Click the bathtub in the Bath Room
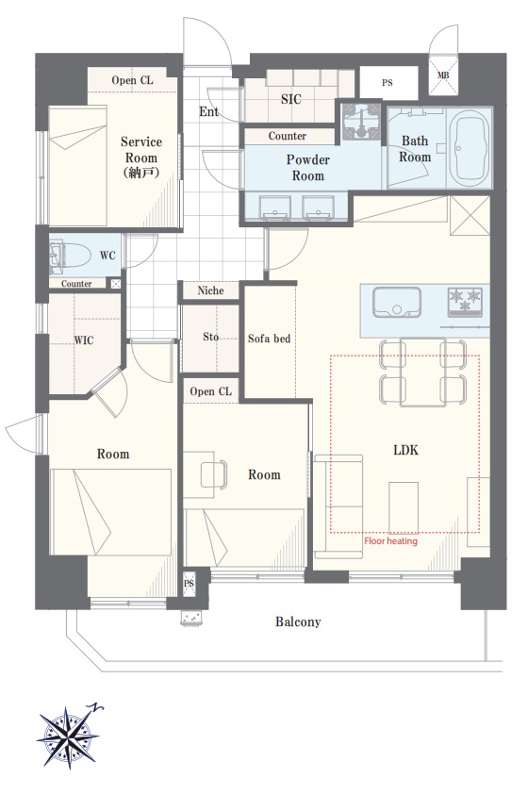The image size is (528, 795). (x=470, y=149)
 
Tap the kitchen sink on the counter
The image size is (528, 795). (x=397, y=302)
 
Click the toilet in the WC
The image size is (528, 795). (x=70, y=255)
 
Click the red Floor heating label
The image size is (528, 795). (x=390, y=541)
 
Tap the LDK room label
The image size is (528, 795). (x=405, y=450)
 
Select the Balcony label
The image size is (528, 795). (x=298, y=621)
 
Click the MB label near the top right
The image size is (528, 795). (x=443, y=75)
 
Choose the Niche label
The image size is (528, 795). (x=210, y=290)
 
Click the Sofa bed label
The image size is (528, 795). (x=269, y=339)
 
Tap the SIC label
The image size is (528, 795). (x=290, y=99)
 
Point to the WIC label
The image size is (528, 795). (x=84, y=340)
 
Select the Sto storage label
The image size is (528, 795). (x=211, y=337)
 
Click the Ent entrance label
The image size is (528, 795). (x=208, y=111)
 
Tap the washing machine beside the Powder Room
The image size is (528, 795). (x=360, y=122)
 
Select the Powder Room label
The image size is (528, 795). (x=307, y=168)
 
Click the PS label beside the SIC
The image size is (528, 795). (x=388, y=83)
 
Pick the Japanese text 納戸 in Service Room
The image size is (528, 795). (x=141, y=173)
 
